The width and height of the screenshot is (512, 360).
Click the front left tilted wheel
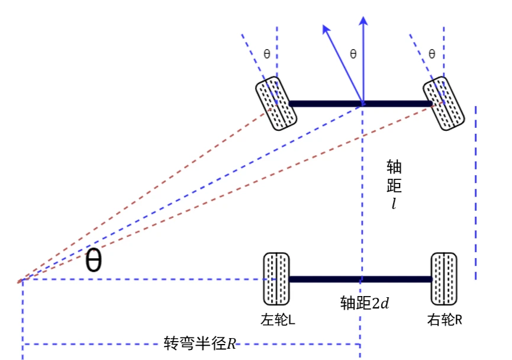pyautogui.click(x=276, y=103)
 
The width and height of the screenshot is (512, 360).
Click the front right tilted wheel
pyautogui.click(x=444, y=103)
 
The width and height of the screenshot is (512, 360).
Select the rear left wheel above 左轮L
pyautogui.click(x=276, y=279)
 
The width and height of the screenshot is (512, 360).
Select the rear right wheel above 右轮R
pyautogui.click(x=444, y=279)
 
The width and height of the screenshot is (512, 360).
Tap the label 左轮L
pyautogui.click(x=278, y=320)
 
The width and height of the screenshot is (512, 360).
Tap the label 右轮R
pyautogui.click(x=445, y=320)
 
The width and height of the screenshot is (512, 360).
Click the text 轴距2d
pyautogui.click(x=365, y=303)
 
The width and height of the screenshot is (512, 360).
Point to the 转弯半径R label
pyautogui.click(x=199, y=343)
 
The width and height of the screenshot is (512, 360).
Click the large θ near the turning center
pyautogui.click(x=94, y=260)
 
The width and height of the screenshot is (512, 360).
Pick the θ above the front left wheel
pyautogui.click(x=267, y=53)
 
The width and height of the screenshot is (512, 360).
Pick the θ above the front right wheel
pyautogui.click(x=432, y=53)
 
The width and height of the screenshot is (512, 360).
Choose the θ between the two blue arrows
pyautogui.click(x=353, y=53)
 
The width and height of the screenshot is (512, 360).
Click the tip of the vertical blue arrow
pyautogui.click(x=363, y=17)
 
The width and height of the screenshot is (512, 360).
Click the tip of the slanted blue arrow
pyautogui.click(x=323, y=25)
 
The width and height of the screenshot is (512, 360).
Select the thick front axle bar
pyautogui.click(x=360, y=104)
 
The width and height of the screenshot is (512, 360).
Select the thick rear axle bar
pyautogui.click(x=360, y=279)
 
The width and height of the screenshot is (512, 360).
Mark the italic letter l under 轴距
pyautogui.click(x=394, y=204)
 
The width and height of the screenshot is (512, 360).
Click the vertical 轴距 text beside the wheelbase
pyautogui.click(x=394, y=176)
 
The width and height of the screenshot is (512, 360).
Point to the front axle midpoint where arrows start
pyautogui.click(x=362, y=104)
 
